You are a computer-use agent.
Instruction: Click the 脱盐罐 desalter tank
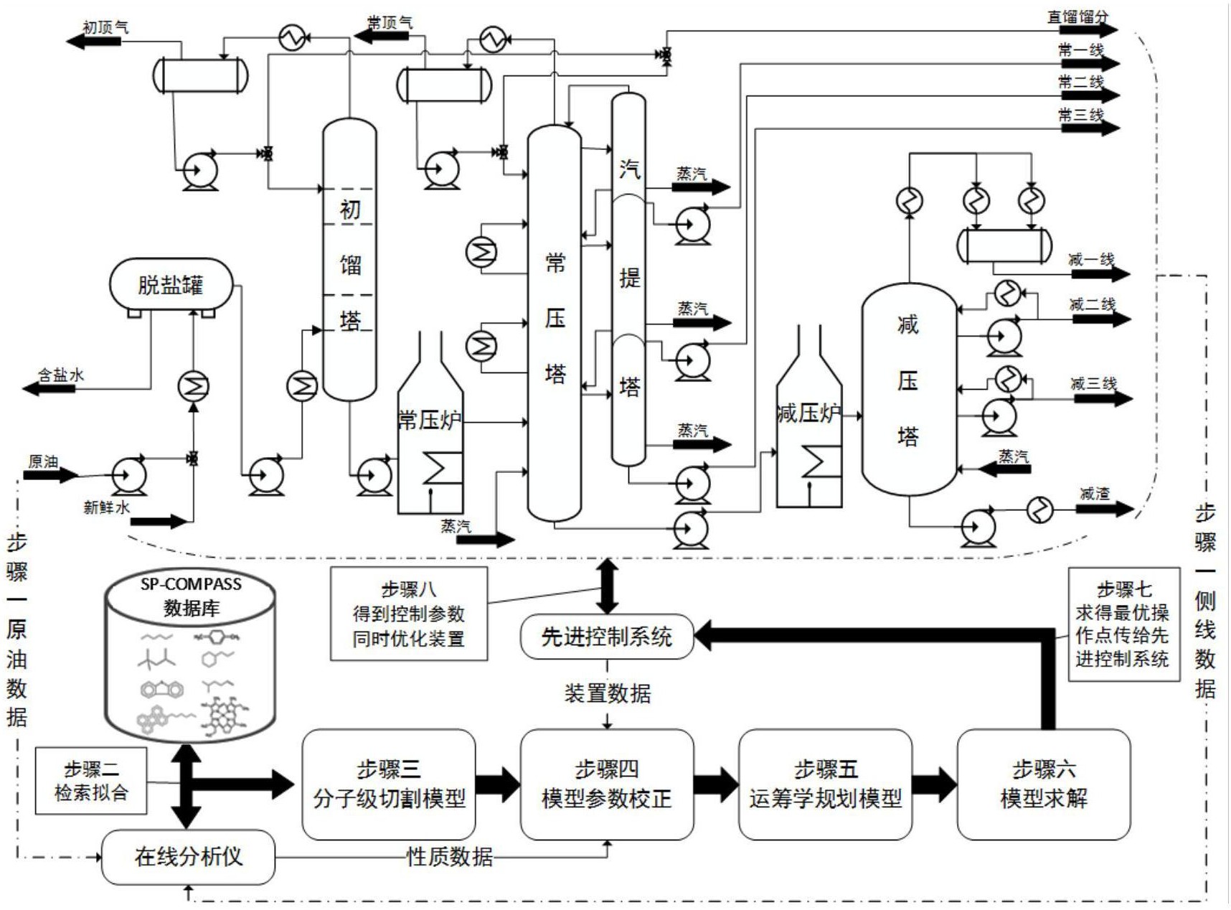point(171,284)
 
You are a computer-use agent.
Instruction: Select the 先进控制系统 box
point(607,636)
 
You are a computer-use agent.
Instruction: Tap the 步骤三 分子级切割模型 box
point(389,784)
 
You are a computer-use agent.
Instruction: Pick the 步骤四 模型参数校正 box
point(607,784)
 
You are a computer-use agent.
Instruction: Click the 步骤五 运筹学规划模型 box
point(825,784)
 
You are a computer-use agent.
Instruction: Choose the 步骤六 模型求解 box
point(1044,784)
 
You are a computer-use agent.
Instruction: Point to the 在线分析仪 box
point(188,856)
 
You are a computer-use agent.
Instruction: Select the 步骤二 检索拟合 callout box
point(91,781)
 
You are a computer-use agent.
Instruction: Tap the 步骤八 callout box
point(409,614)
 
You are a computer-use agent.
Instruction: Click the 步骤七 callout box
point(1123,624)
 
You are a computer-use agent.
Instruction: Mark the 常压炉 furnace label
point(428,420)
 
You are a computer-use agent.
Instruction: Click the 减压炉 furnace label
point(808,413)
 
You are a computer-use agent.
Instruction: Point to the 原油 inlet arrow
point(50,474)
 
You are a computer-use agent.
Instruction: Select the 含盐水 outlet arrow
point(49,388)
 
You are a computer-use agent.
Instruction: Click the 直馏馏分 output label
point(1077,17)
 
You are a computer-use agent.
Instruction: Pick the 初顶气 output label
point(105,27)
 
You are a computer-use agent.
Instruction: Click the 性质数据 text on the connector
point(450,856)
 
